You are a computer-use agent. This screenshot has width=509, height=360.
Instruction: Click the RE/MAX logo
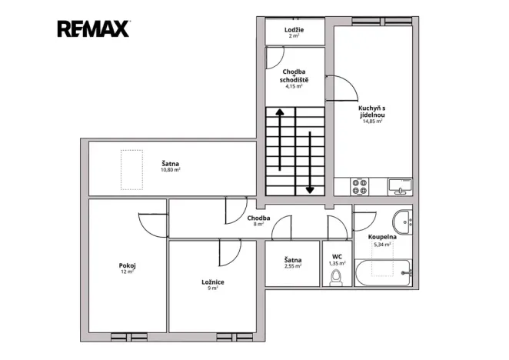(x=94, y=28)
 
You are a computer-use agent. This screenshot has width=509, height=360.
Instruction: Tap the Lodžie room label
(x=294, y=30)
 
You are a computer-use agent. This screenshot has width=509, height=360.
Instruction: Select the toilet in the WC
(x=336, y=278)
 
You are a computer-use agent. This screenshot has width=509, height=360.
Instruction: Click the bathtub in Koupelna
(x=384, y=272)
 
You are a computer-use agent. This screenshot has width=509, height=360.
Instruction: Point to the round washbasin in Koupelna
(x=402, y=222)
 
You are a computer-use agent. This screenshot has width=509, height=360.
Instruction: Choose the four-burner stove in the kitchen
(x=360, y=186)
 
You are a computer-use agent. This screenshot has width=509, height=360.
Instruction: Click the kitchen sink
(x=400, y=187)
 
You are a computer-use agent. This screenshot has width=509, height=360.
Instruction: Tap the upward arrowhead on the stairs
(x=280, y=112)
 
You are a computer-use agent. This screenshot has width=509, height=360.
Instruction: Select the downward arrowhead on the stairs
(x=310, y=190)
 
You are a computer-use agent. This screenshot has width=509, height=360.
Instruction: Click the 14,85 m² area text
(x=372, y=122)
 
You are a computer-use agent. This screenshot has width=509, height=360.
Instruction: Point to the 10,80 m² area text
(x=171, y=169)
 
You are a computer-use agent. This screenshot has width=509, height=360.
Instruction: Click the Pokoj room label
(x=128, y=265)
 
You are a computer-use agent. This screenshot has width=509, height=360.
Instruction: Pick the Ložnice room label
(x=213, y=282)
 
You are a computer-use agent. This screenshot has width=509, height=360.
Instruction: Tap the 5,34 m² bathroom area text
(x=382, y=245)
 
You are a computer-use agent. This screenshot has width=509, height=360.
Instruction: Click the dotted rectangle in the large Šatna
(x=131, y=169)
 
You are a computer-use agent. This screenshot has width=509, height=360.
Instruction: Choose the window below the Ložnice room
(x=235, y=337)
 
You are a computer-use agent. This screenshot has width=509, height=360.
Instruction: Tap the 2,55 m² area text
(x=293, y=266)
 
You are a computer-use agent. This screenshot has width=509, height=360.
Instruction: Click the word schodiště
(x=294, y=80)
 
